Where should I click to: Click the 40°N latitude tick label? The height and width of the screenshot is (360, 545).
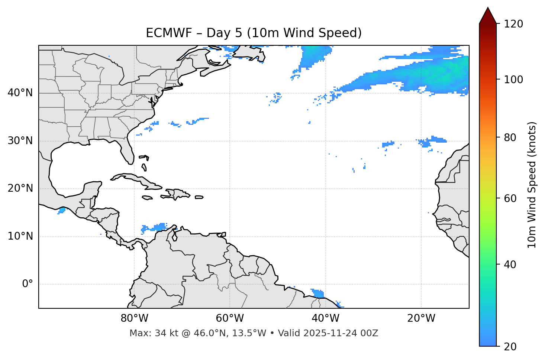(x=20, y=93)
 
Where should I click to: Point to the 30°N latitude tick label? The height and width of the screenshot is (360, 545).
(x=20, y=141)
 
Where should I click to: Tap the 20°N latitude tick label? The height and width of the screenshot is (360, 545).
(x=20, y=188)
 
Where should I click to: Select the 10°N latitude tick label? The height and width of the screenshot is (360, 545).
(x=20, y=236)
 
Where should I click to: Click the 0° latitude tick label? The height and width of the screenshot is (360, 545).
(x=27, y=284)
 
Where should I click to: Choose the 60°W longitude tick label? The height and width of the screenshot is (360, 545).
(x=229, y=318)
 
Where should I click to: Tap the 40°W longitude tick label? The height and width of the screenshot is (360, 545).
(x=325, y=318)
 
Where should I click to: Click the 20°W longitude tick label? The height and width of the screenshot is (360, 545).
(x=421, y=318)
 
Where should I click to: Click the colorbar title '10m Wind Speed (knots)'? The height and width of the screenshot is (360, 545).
(x=532, y=185)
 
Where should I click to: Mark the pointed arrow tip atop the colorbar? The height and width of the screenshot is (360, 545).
(x=488, y=8)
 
